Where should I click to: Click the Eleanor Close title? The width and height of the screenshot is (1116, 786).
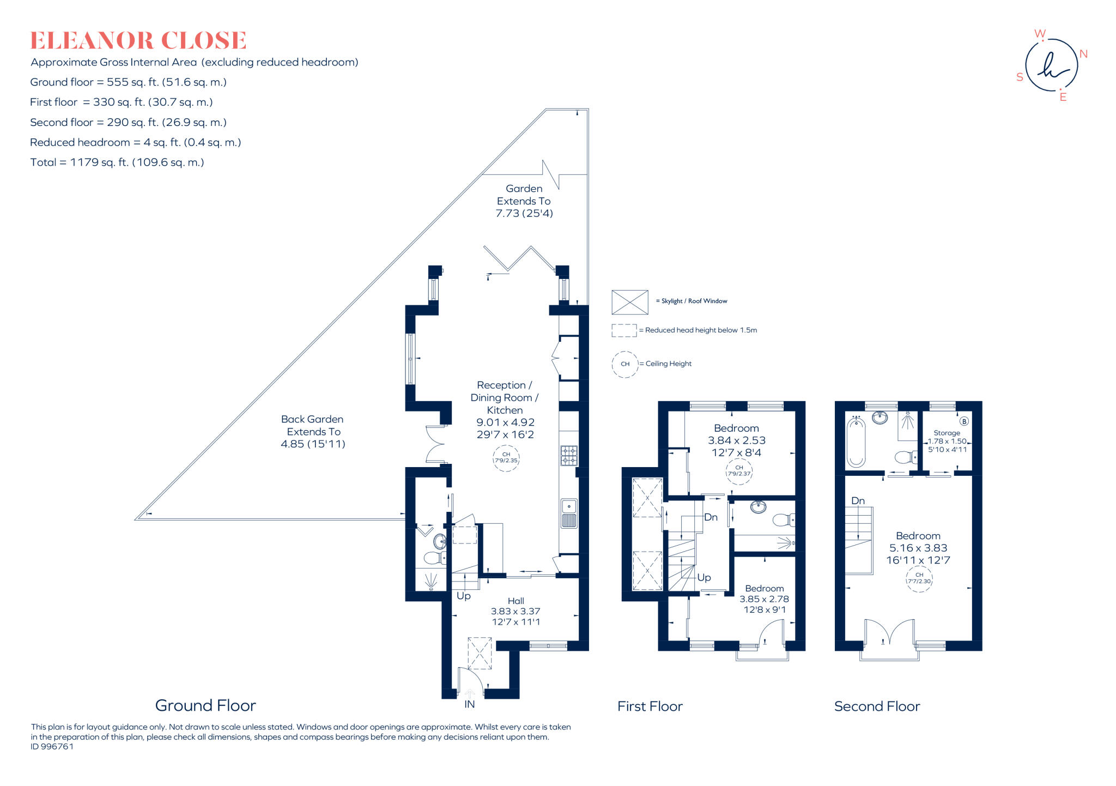[138, 40]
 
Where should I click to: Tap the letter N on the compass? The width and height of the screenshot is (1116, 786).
[1083, 54]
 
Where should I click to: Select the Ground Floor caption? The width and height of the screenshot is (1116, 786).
[205, 705]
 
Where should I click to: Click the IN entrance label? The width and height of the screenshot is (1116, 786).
[469, 704]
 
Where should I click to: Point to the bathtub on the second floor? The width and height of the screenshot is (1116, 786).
[856, 442]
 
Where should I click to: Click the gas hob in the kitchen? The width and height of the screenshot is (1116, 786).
[568, 455]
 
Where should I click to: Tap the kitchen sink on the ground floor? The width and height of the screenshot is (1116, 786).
[569, 513]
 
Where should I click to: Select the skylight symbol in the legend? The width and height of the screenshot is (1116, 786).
[630, 302]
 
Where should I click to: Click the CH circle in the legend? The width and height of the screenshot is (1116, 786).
[625, 364]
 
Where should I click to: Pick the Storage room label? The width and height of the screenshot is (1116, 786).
[947, 433]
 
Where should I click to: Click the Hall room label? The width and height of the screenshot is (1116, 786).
[516, 601]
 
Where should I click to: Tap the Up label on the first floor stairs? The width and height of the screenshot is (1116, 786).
[704, 578]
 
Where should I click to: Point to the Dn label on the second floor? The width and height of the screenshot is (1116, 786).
[858, 500]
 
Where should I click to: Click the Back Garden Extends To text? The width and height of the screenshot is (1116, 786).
[313, 425]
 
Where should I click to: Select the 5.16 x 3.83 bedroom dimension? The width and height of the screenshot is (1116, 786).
[918, 548]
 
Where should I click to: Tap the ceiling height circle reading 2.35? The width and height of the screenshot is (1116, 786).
[506, 458]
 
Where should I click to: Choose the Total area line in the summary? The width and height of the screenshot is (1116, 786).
[117, 162]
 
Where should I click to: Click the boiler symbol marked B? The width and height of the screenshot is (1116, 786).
[964, 421]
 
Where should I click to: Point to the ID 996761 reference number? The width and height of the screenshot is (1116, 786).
[52, 747]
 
